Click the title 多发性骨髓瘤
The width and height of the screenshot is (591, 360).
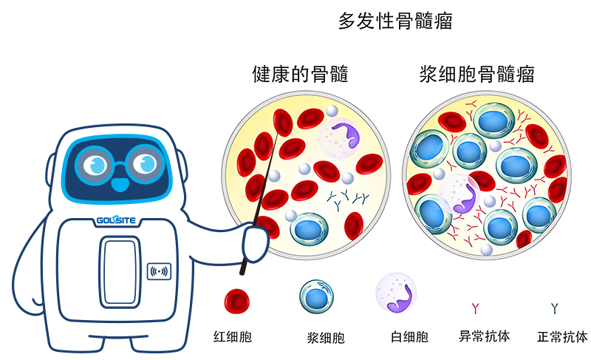tap(394, 21)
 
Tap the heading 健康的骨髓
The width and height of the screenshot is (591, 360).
tap(299, 74)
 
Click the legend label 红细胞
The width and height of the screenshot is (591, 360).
tap(233, 337)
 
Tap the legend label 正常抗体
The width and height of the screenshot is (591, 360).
tap(562, 336)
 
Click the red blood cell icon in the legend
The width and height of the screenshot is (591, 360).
tap(237, 300)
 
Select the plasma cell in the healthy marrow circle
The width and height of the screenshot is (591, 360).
tap(310, 229)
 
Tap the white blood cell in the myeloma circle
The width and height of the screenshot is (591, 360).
tap(462, 196)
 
